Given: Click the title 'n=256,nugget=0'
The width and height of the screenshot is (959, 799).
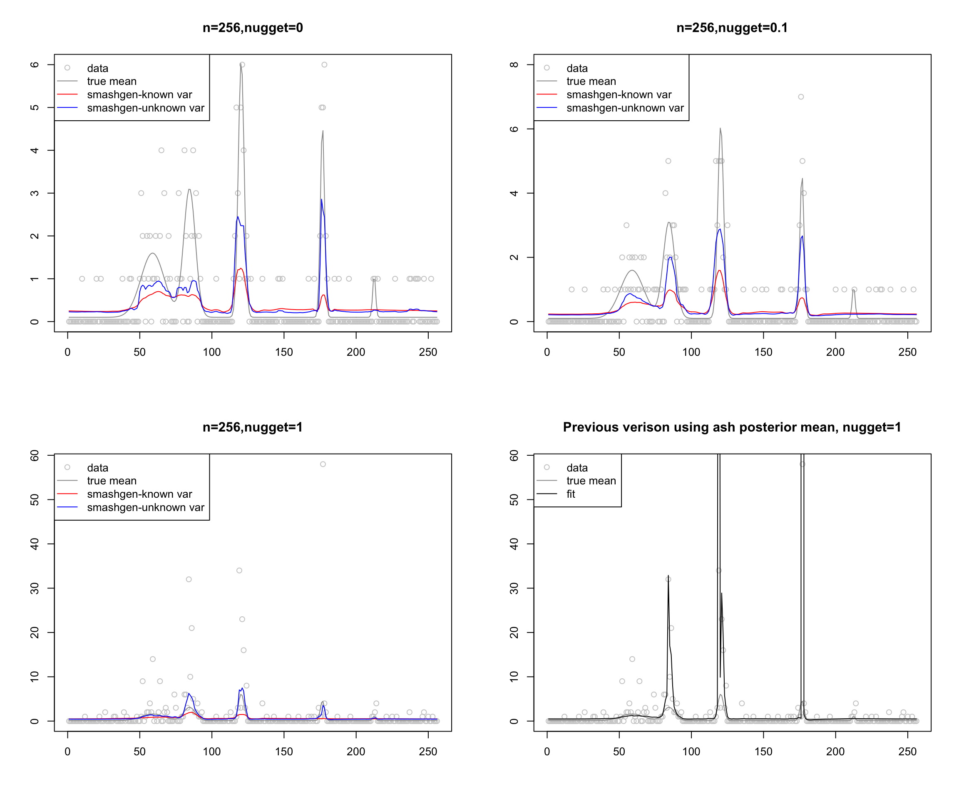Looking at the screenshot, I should [253, 28].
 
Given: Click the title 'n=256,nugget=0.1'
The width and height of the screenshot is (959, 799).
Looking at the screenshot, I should [732, 28].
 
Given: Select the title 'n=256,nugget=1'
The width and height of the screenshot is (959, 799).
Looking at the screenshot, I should [253, 427].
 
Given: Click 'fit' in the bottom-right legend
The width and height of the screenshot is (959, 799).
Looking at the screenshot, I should [570, 494].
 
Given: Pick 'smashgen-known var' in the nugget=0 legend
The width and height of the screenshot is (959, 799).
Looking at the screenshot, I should [139, 94].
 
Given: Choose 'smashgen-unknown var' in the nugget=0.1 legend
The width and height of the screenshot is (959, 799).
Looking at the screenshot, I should [625, 108].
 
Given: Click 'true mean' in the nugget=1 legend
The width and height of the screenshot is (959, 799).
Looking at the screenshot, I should [112, 481].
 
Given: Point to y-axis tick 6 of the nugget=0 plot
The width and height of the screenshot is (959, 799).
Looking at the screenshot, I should [35, 65].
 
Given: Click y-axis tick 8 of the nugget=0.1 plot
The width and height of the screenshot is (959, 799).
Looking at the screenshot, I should [514, 65].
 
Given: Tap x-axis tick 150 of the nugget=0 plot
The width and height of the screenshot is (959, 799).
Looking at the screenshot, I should [283, 352].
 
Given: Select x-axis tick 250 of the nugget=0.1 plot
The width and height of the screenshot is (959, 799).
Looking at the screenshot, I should [907, 352].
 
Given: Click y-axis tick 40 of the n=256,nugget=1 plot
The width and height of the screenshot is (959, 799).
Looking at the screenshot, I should [35, 544].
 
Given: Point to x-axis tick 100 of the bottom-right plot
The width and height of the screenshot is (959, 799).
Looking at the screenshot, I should [691, 752].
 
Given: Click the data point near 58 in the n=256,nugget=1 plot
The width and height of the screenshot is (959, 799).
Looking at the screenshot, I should [323, 464].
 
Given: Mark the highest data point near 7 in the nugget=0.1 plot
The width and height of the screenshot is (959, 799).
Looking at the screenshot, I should [801, 97].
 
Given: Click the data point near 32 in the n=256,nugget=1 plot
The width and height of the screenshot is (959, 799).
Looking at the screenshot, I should [189, 579].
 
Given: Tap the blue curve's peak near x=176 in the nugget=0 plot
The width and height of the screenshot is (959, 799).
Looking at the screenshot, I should [321, 199].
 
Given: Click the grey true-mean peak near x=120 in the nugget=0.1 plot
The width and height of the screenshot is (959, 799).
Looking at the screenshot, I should [720, 128].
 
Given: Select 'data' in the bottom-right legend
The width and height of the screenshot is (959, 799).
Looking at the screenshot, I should [577, 467].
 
